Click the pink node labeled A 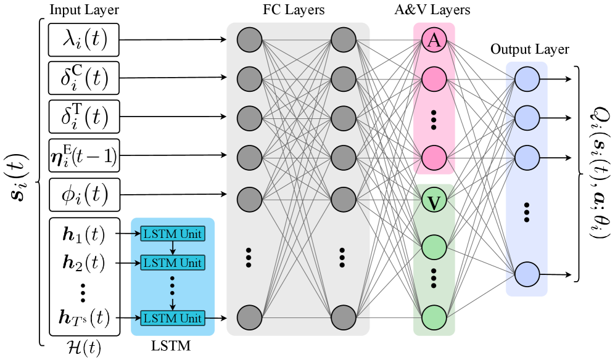(x=434, y=41)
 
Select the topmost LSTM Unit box (x=173, y=234)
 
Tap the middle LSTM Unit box (x=173, y=263)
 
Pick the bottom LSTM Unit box (x=173, y=318)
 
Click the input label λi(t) (x=85, y=39)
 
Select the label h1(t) (x=84, y=234)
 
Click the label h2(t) (x=84, y=263)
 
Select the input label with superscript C (x=85, y=78)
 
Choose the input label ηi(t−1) (x=84, y=155)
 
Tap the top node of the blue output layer (x=527, y=79)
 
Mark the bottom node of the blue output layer (x=527, y=274)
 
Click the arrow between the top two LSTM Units (x=173, y=248)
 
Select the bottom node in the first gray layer (x=249, y=317)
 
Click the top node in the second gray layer (x=344, y=41)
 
